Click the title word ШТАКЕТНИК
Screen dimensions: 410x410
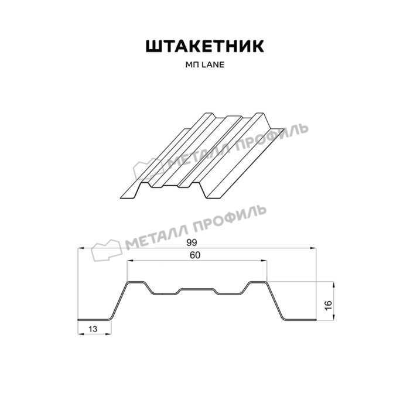click(205, 46)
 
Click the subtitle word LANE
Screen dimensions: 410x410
click(213, 65)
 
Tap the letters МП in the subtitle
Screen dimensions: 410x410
click(193, 65)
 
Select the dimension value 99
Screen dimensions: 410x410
click(192, 242)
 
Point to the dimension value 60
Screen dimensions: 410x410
click(195, 255)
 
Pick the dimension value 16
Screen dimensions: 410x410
click(328, 305)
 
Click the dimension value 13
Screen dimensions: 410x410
click(93, 329)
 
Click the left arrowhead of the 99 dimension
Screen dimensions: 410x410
click(81, 248)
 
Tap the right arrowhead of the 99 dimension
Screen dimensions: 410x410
click(313, 248)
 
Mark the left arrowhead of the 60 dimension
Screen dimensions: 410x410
click(130, 261)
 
